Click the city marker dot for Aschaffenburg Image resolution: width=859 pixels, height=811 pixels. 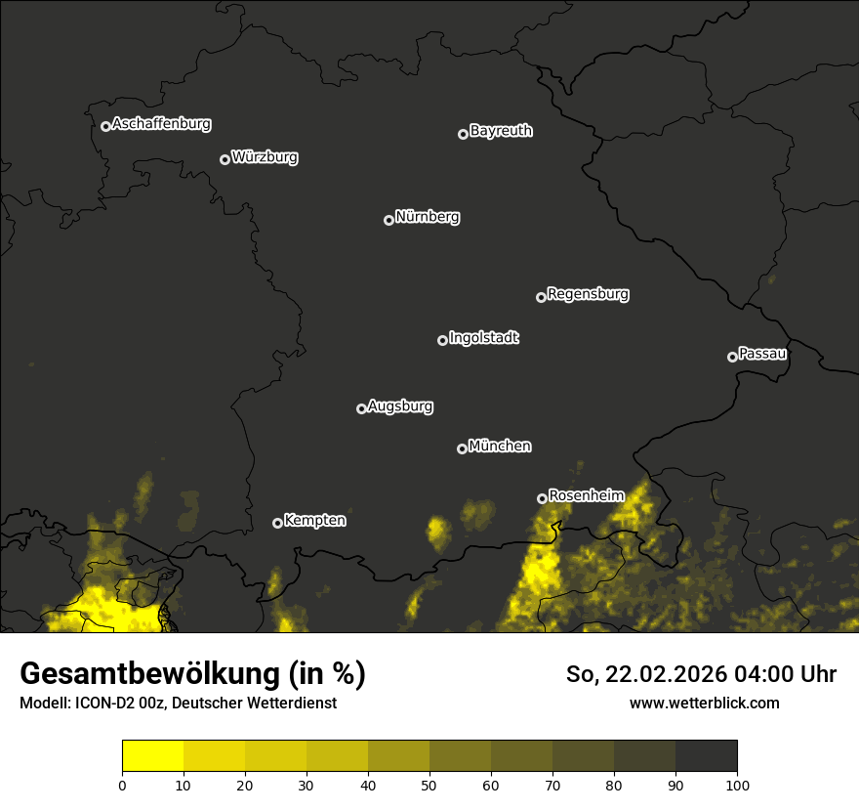coord(105,126)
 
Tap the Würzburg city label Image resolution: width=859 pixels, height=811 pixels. coord(265,156)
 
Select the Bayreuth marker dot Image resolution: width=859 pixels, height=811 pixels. coord(463,134)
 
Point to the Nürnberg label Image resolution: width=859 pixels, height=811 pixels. coord(428,217)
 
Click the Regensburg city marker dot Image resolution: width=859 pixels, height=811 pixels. coord(541,297)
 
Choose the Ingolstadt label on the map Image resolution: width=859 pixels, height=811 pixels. coord(484,338)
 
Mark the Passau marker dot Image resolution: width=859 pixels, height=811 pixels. coord(732,357)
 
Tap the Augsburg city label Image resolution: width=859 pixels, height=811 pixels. coord(400,406)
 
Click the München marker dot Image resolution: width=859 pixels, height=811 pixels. coord(462,449)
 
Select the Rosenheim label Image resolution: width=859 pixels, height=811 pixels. coord(586,495)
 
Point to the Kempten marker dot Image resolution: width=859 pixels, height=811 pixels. coord(277,523)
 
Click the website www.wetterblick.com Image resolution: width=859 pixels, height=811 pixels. coord(705,703)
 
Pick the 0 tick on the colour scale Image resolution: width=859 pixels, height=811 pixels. coord(122,785)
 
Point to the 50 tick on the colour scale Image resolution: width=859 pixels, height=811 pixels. coord(429,785)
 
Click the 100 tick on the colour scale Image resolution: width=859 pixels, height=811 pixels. coord(737,785)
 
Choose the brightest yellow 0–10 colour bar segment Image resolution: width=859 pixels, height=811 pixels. coord(153,756)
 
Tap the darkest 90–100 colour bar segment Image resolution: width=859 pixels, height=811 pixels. coord(706,756)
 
